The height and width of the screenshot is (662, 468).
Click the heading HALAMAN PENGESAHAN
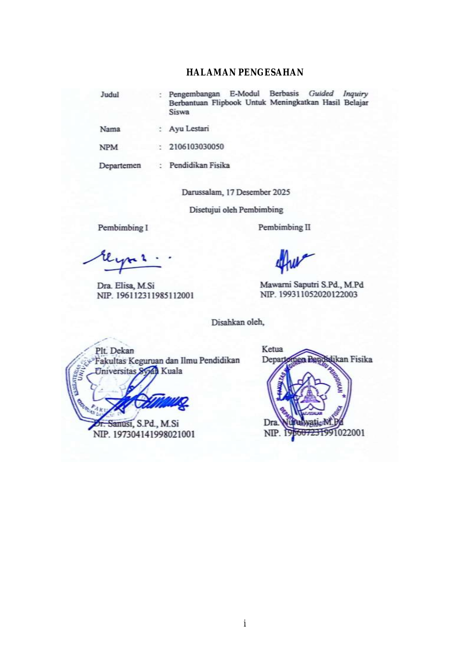pyautogui.click(x=245, y=72)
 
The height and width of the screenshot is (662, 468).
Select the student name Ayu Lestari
pyautogui.click(x=189, y=129)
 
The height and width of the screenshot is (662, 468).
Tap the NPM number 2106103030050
pyautogui.click(x=196, y=146)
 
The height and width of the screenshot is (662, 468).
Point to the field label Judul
pyautogui.click(x=110, y=94)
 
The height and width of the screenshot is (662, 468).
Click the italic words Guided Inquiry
pyautogui.click(x=338, y=93)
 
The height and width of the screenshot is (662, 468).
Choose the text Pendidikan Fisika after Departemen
pyautogui.click(x=199, y=165)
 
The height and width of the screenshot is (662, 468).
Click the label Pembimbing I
pyautogui.click(x=123, y=228)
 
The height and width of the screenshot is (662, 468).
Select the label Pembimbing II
pyautogui.click(x=284, y=227)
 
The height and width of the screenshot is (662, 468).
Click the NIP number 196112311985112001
pyautogui.click(x=155, y=295)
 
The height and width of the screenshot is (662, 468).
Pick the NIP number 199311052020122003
pyautogui.click(x=318, y=294)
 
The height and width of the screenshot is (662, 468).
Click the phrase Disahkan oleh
pyautogui.click(x=238, y=322)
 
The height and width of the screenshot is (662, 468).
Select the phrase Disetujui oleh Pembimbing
pyautogui.click(x=236, y=209)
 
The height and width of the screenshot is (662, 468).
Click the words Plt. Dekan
pyautogui.click(x=115, y=351)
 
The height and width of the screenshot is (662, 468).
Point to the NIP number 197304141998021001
pyautogui.click(x=154, y=434)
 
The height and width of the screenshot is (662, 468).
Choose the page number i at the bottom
pyautogui.click(x=245, y=623)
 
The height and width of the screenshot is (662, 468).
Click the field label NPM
pyautogui.click(x=109, y=147)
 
